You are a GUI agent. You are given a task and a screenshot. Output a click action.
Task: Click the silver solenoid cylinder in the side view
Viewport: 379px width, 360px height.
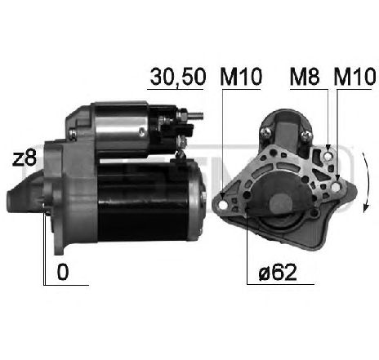[x=123, y=127]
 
